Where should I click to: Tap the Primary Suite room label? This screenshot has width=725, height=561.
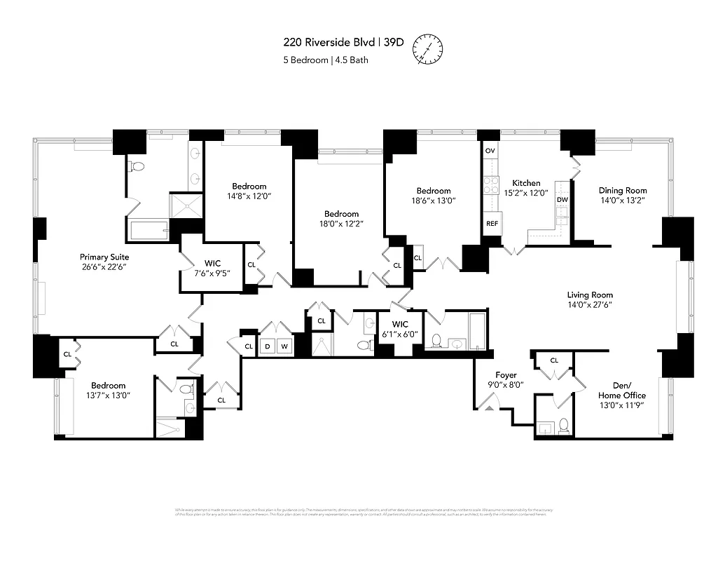click(104, 257)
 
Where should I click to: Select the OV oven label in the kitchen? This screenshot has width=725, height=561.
click(490, 151)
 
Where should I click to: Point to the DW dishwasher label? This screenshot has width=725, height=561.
click(562, 200)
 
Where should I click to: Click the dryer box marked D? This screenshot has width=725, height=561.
click(267, 346)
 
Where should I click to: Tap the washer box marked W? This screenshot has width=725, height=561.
click(284, 346)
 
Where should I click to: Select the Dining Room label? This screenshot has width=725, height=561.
click(622, 190)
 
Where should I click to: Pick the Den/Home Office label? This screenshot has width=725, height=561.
click(621, 390)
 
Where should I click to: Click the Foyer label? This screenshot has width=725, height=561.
click(506, 375)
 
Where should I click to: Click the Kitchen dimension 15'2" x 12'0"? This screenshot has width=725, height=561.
click(525, 194)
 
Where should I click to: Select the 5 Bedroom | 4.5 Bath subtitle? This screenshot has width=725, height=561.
click(325, 60)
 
